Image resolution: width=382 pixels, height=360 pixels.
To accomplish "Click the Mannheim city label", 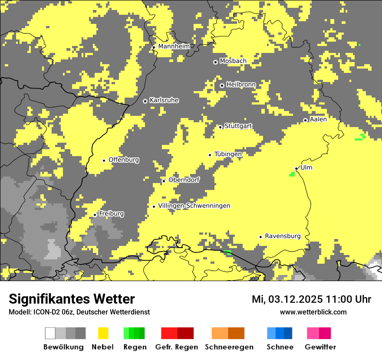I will coord(174,46).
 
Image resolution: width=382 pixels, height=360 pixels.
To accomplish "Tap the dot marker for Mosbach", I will coord(215,62).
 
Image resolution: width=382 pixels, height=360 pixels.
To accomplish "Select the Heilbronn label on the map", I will coord(241,85).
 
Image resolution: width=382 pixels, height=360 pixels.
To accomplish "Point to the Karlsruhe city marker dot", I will coord(145,101).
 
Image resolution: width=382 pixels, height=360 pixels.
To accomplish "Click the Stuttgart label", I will coord(238,126).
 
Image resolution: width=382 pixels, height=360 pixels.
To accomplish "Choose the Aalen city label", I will coord(318,119).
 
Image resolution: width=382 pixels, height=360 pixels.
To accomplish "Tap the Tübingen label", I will coord(228,154).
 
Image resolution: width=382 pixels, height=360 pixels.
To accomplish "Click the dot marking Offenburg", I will coord(104,160).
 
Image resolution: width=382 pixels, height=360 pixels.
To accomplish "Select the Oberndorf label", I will coord(184,180).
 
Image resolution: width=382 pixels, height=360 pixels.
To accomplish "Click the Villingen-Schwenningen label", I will coord(194,206).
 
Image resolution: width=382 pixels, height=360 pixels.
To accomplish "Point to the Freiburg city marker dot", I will coord(95,215).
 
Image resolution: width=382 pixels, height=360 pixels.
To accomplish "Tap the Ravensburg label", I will coord(283,236).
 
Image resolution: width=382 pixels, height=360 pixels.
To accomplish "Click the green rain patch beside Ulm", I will coord(292,174).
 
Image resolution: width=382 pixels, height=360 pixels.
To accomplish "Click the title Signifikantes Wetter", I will coord(72,299).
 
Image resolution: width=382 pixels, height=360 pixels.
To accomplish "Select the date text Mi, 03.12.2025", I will coord(283,299).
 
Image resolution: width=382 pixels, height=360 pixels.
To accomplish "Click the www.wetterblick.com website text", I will coord(313,312).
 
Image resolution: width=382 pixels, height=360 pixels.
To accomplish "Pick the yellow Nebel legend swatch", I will coord(103,333).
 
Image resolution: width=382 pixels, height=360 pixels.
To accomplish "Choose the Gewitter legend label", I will coord(320,347).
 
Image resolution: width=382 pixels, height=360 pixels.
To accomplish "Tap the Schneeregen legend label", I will coord(229,347).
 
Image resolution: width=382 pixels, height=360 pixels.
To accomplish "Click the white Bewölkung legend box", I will coord(50,333).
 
